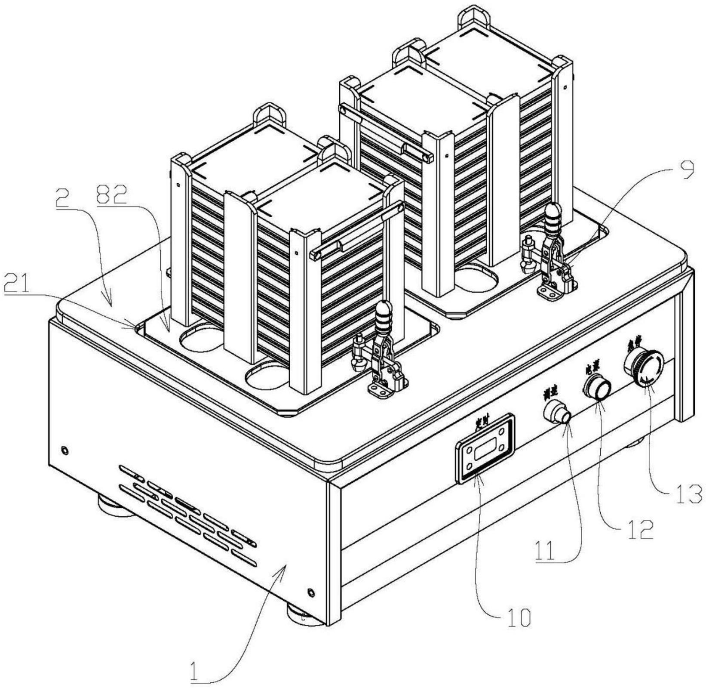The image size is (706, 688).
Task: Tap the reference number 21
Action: pyautogui.click(x=16, y=284)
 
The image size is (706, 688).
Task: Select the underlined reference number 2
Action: pyautogui.click(x=61, y=200)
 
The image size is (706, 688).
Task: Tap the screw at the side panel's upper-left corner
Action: pyautogui.click(x=64, y=450)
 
